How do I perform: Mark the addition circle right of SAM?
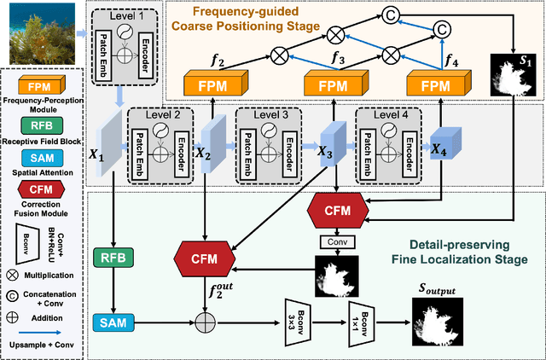pyautogui.click(x=205, y=323)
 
